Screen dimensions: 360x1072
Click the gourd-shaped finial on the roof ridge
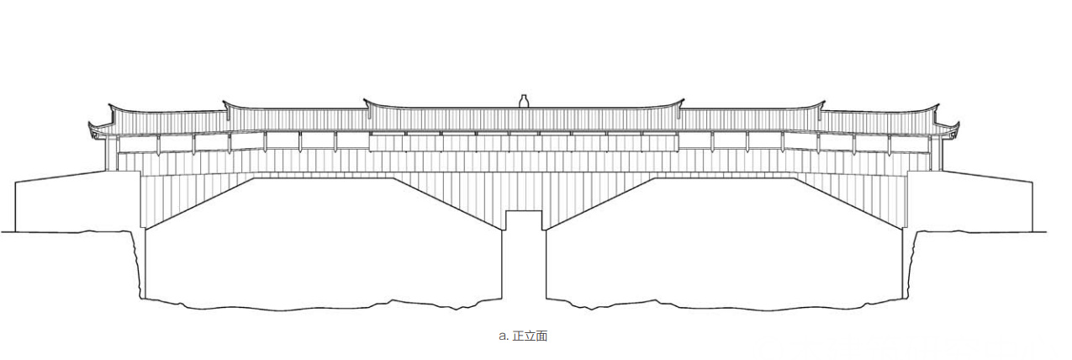524,101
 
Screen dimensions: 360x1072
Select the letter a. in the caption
503,336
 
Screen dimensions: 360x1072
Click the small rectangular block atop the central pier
524,220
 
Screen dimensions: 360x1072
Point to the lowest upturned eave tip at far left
91,125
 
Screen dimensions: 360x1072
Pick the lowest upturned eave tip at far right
958,125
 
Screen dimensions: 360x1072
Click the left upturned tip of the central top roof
366,101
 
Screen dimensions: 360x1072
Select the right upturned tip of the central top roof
681,101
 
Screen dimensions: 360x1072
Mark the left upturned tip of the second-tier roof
224,103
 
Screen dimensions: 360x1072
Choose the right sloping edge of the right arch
849,203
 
